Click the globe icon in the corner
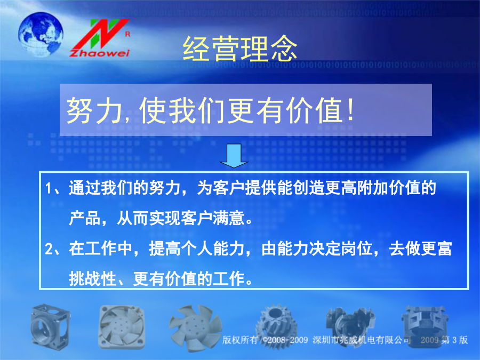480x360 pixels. [41, 34]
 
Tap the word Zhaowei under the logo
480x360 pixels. [100, 53]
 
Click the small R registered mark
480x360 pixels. [127, 34]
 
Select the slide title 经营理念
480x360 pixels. [239, 49]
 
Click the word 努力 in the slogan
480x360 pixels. [94, 110]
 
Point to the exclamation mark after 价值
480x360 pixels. [351, 109]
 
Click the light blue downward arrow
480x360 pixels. [234, 156]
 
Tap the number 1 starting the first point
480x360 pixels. [48, 188]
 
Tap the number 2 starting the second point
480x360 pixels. [49, 249]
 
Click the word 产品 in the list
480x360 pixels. [84, 218]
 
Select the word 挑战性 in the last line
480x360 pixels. [92, 278]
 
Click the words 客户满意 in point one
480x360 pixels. [212, 218]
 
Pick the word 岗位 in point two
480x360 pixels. [357, 249]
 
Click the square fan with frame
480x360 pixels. [122, 328]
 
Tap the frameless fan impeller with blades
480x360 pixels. [195, 327]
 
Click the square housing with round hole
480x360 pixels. [51, 326]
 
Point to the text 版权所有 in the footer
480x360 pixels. [240, 340]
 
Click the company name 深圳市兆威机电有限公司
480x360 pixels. [362, 340]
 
